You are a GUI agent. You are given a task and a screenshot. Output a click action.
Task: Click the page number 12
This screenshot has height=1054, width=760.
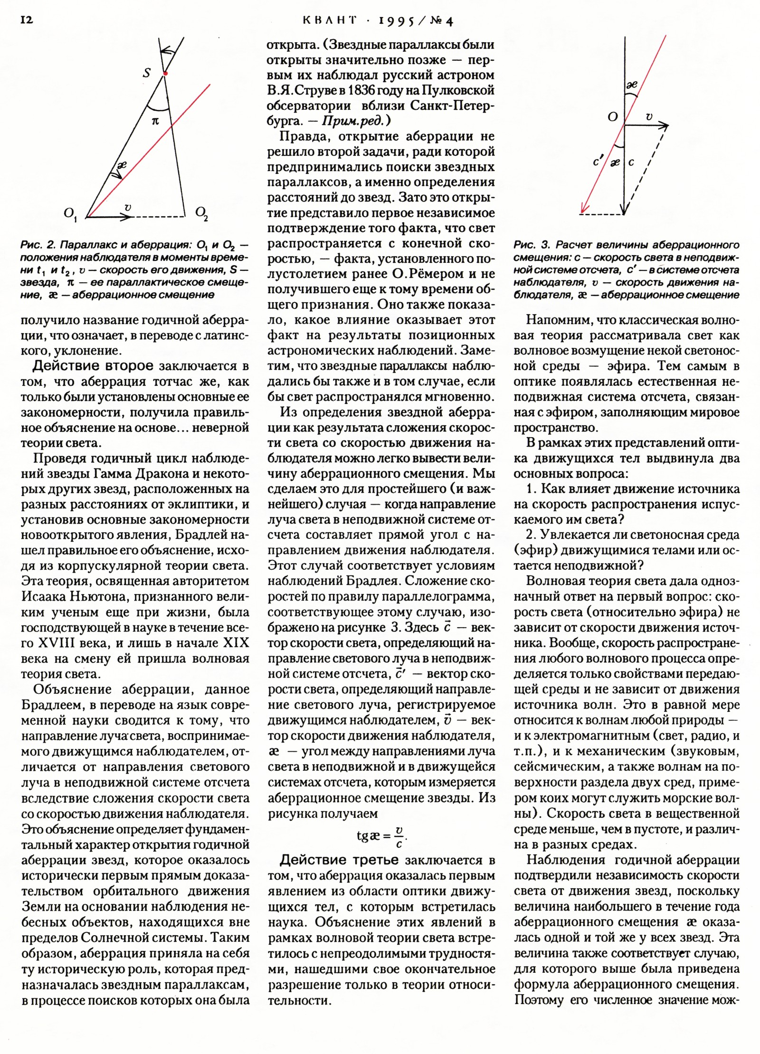click(x=27, y=20)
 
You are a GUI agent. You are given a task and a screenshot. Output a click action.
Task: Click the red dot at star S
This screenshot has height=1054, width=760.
click(x=165, y=74)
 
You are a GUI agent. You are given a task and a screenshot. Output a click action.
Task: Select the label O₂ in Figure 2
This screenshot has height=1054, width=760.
click(x=202, y=213)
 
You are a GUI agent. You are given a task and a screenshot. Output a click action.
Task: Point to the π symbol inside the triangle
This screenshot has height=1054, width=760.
click(x=155, y=121)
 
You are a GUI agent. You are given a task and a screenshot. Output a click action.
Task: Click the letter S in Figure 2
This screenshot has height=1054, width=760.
click(x=147, y=73)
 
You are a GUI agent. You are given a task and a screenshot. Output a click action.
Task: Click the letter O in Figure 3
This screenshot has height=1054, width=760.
click(x=613, y=116)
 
